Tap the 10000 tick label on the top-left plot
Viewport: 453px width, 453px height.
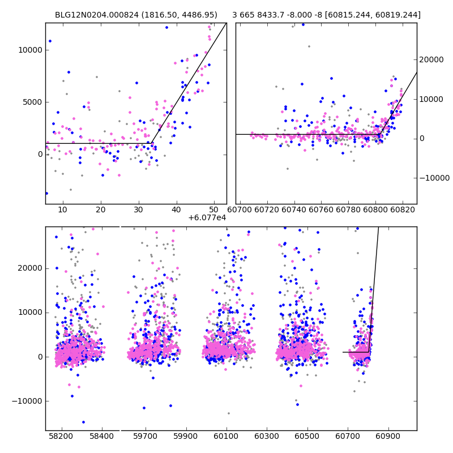pyautogui.click(x=29, y=50)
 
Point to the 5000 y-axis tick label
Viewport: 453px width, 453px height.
pyautogui.click(x=32, y=102)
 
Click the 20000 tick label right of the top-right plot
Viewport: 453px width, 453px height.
pyautogui.click(x=434, y=59)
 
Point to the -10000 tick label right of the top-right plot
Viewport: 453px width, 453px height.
pyautogui.click(x=435, y=178)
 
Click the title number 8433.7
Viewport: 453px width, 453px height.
pyautogui.click(x=274, y=15)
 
